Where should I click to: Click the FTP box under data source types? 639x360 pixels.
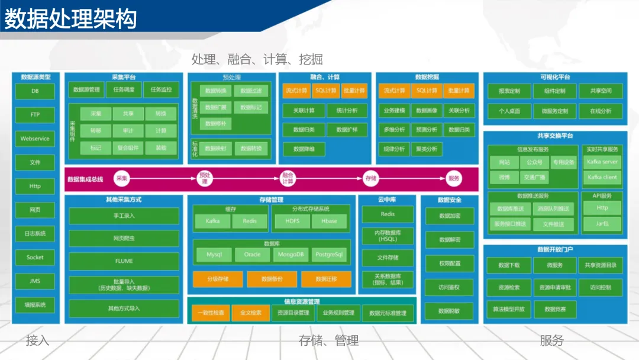coord(35,115)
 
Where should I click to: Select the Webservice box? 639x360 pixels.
coord(35,139)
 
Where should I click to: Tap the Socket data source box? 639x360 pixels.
coord(35,258)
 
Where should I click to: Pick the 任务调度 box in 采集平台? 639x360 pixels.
coord(124,90)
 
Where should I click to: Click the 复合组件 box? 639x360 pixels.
coord(128,148)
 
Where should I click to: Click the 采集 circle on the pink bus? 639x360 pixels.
coord(122,178)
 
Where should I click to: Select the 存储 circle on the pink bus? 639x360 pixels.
coord(371,178)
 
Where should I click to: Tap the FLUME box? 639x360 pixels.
coord(124,261)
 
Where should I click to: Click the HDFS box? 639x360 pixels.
coord(293,221)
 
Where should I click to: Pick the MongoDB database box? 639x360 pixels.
coord(289,255)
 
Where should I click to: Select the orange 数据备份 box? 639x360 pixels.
coord(272,279)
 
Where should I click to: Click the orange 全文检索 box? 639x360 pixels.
coord(247,313)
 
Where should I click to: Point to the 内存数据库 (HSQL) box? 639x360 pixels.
coord(388,236)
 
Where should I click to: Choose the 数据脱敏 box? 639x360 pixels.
coord(449,311)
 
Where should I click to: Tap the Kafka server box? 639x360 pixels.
coord(602,162)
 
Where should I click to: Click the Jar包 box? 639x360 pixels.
coord(602,224)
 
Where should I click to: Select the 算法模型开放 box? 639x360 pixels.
coord(509,309)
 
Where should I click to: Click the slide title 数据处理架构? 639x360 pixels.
coord(71,19)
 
